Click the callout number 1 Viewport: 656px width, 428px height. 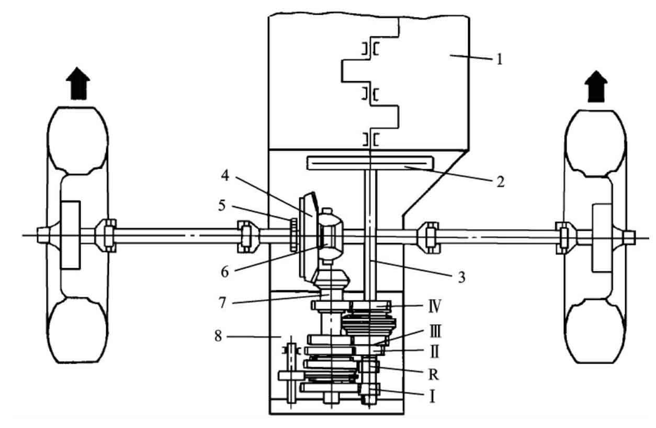[500, 59]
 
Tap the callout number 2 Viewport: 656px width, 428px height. [501, 182]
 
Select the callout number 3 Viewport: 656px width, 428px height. [462, 277]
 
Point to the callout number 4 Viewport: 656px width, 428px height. [225, 175]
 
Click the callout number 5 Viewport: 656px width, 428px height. [222, 205]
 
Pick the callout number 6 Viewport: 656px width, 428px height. [224, 272]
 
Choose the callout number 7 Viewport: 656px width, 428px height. [222, 303]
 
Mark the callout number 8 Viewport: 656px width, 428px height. [218, 336]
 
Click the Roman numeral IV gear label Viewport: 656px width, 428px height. [435, 306]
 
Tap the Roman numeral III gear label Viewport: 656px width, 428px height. [435, 331]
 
